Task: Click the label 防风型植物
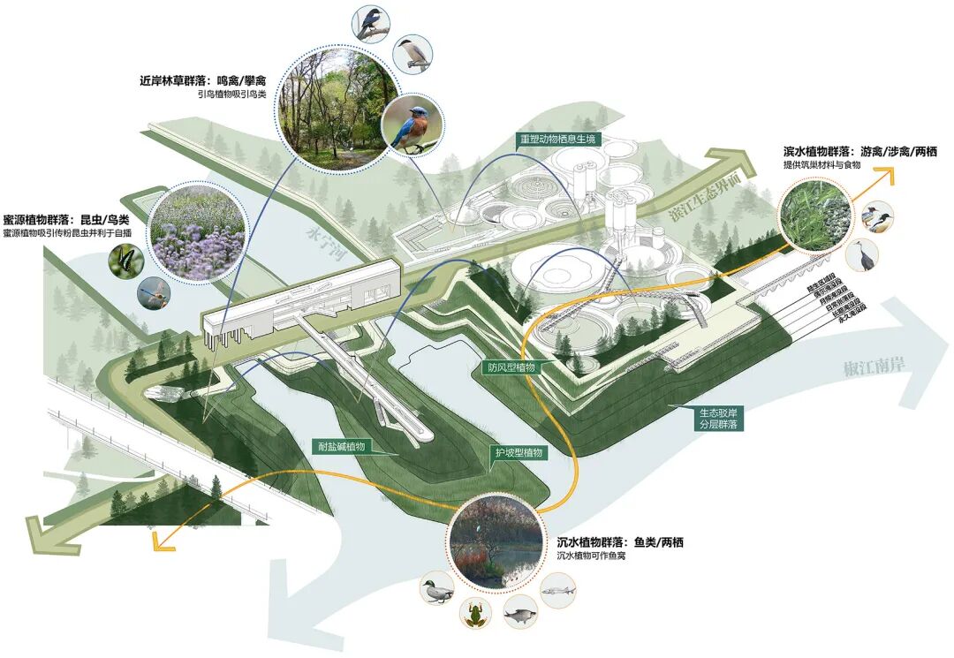511,367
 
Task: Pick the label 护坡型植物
519,452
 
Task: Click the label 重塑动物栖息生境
558,139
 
